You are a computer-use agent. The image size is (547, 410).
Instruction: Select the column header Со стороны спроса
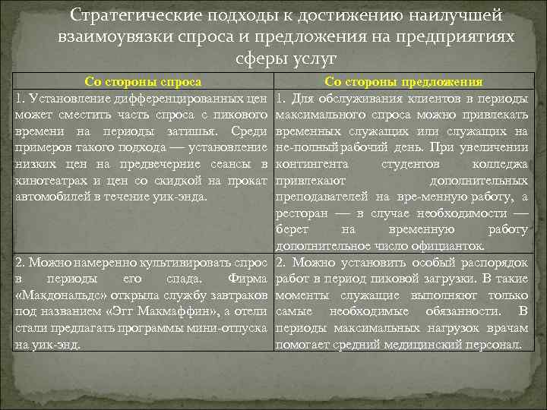pyautogui.click(x=142, y=82)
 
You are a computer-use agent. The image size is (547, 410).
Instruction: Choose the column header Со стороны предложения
pyautogui.click(x=403, y=82)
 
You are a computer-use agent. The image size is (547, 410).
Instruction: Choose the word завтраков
pyautogui.click(x=236, y=295)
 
